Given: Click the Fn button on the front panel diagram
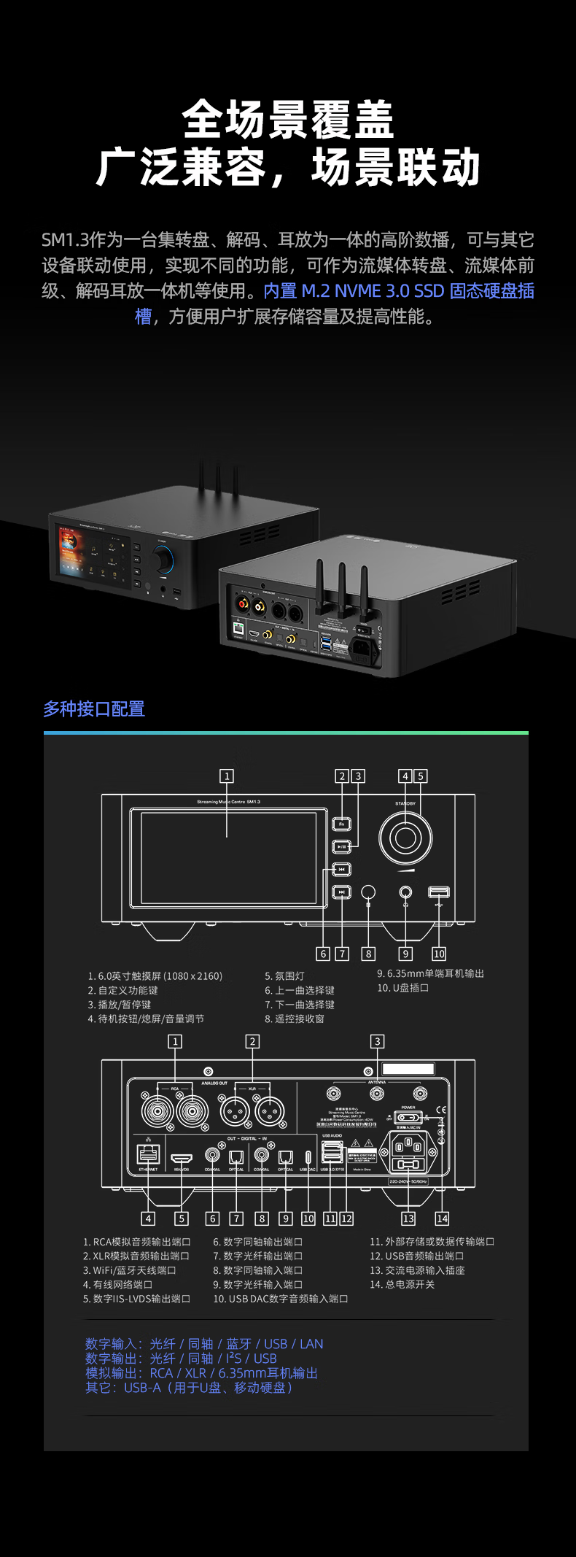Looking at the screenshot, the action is [341, 824].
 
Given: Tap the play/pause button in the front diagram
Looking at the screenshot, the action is [341, 846].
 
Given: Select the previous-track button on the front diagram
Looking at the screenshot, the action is [341, 869].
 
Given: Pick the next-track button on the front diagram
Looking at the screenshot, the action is [341, 892].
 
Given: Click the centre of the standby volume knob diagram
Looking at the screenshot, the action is [405, 838].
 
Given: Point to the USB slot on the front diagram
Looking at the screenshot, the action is [438, 892].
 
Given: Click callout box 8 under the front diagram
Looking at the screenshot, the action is [368, 954].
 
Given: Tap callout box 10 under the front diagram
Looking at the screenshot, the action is [439, 954].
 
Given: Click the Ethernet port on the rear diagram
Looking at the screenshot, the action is [148, 1154].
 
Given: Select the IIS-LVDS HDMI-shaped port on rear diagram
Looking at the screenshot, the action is [182, 1158].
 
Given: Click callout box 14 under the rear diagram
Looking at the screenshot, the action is [442, 1218].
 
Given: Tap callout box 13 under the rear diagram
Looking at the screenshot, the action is [408, 1218].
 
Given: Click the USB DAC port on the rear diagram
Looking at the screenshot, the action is [308, 1157].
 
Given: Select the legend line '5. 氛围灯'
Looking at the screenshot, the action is [284, 976].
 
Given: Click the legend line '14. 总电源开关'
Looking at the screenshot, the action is [402, 1284].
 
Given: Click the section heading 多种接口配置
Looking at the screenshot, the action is [94, 708].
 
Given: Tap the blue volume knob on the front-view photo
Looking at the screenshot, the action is [163, 560].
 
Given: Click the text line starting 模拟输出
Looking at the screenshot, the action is [201, 1373].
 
